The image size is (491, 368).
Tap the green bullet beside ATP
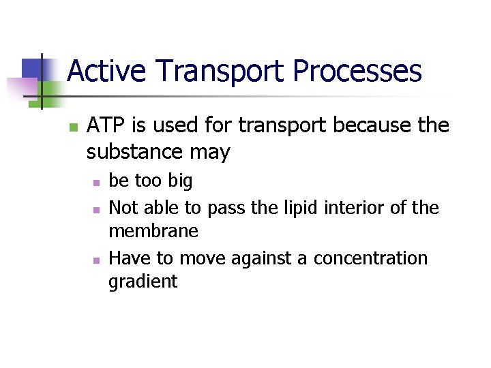click(x=74, y=127)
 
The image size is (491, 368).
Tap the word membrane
click(x=153, y=232)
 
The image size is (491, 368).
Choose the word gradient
click(x=143, y=282)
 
